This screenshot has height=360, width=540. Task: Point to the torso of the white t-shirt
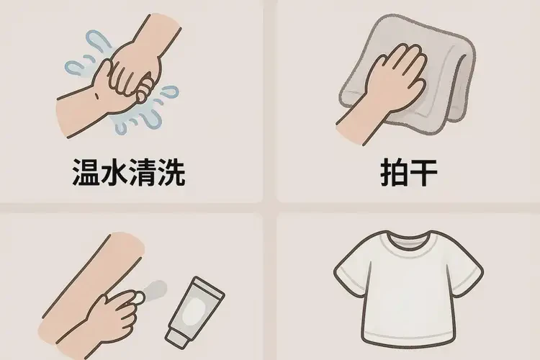(408, 310)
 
